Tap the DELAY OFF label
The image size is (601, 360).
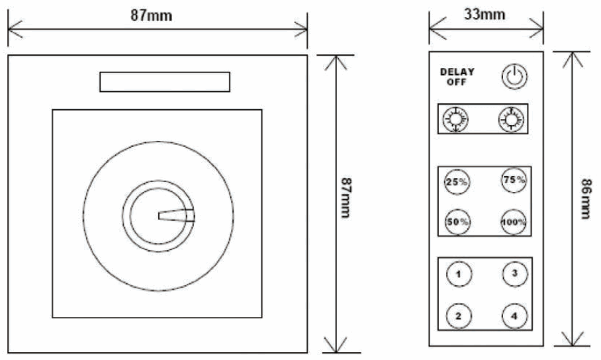coord(457,77)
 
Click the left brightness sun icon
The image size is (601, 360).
coord(455,119)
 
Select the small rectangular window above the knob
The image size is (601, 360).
coord(165,82)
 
